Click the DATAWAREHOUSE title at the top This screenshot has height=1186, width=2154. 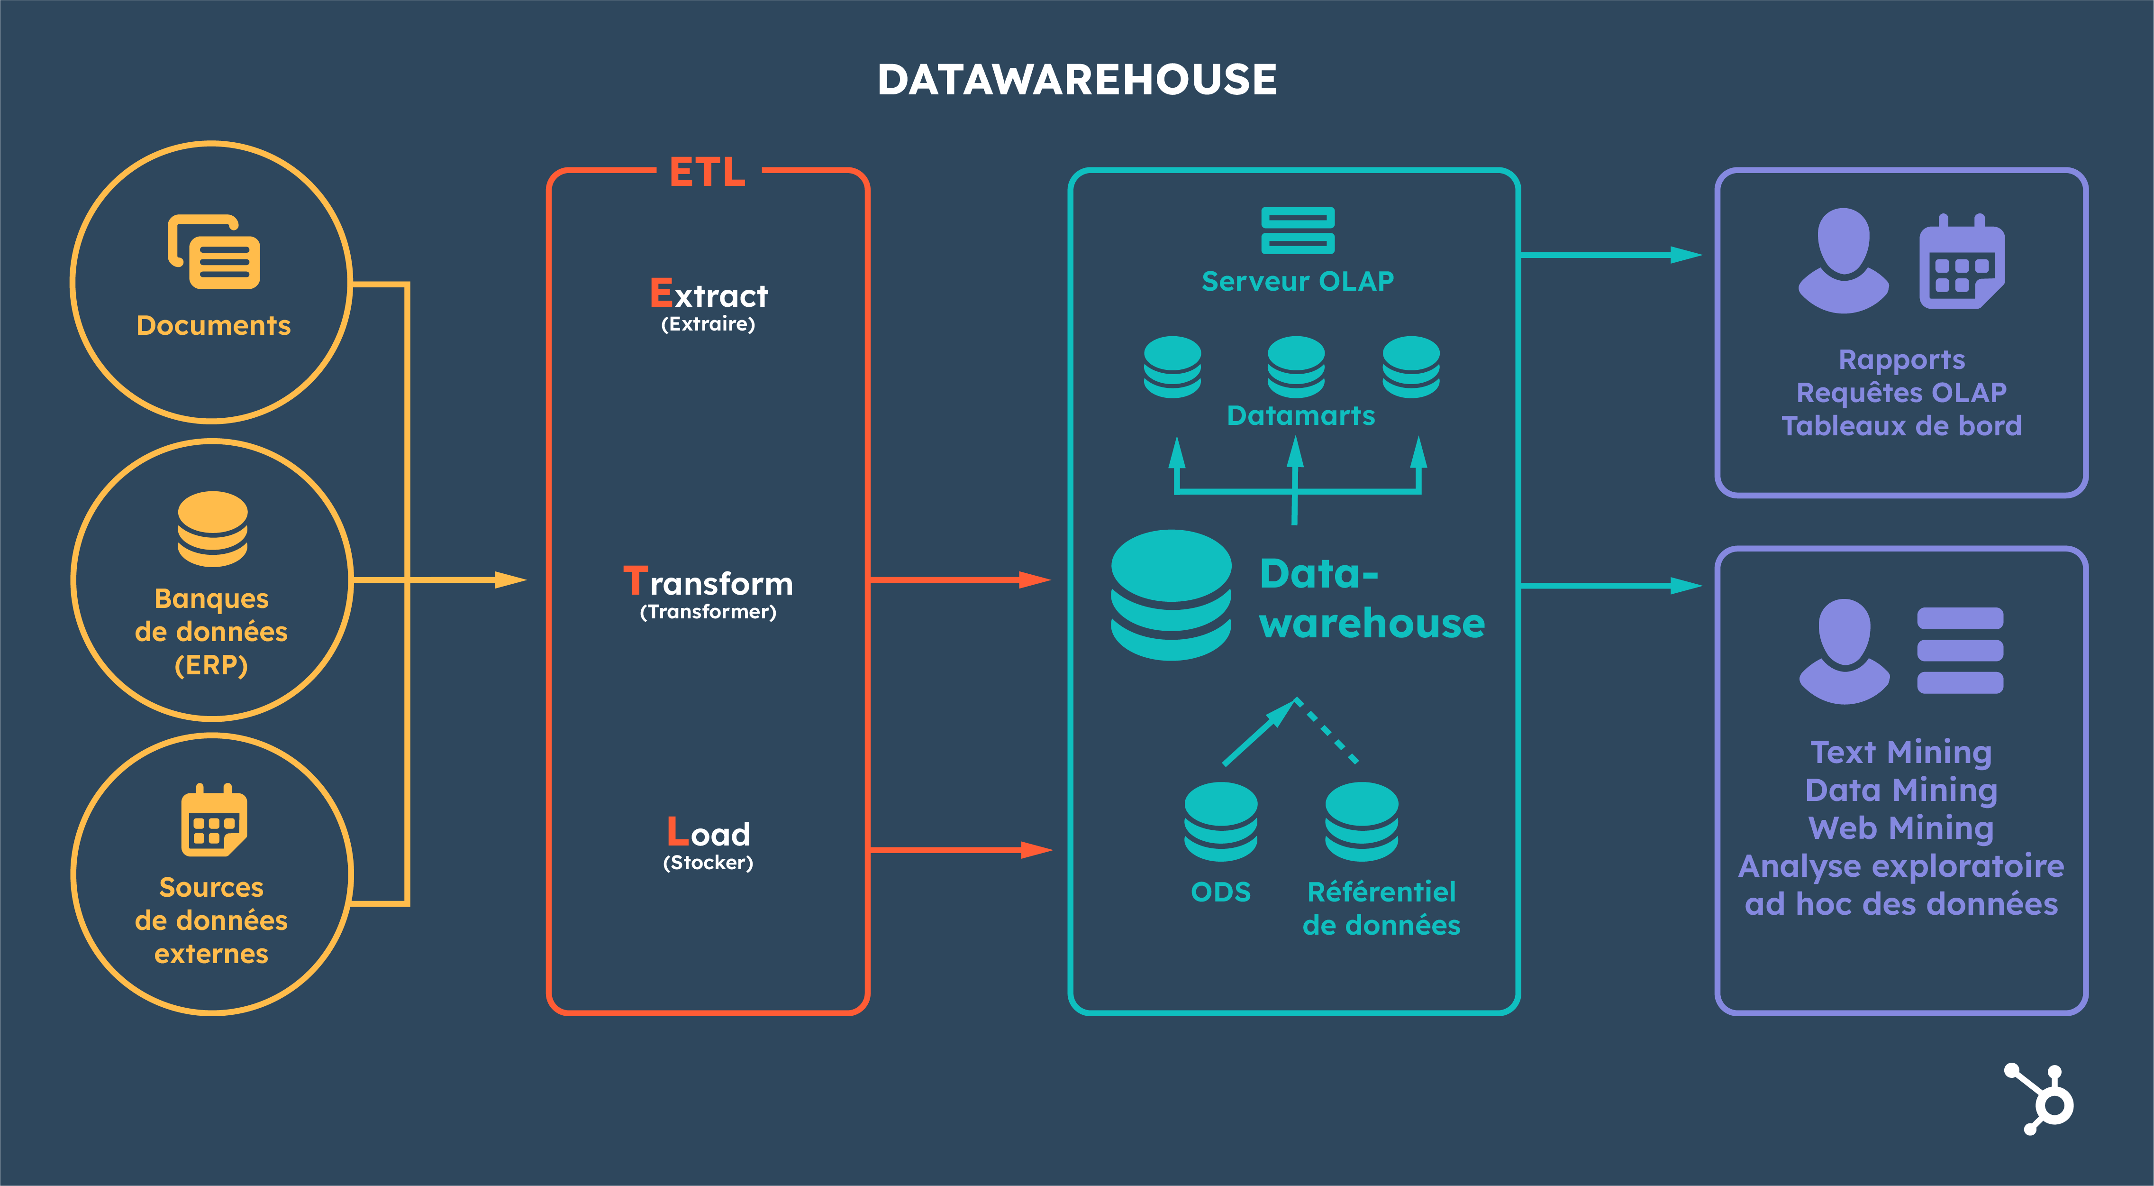(x=1076, y=80)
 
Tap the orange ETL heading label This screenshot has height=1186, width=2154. (x=708, y=172)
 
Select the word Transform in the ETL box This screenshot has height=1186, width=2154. (x=708, y=582)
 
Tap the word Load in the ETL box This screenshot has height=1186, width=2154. (x=708, y=833)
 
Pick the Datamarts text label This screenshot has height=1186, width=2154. (x=1300, y=416)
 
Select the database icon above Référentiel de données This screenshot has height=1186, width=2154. (x=1361, y=821)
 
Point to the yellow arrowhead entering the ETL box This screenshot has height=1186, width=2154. (x=510, y=579)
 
